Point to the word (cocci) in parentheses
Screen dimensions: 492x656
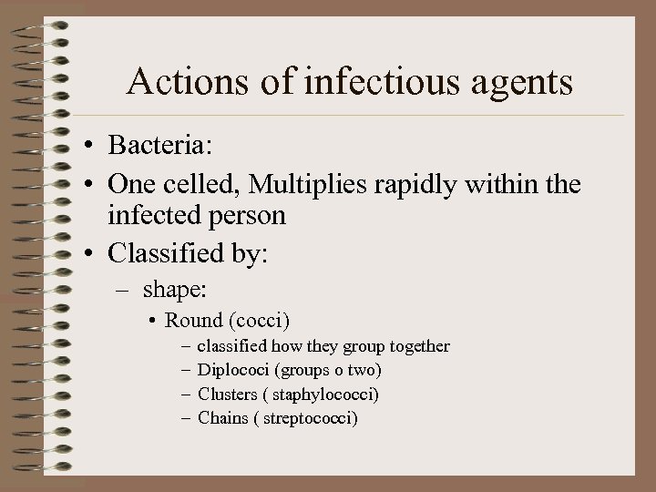click(x=262, y=321)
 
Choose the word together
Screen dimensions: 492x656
click(x=420, y=346)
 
